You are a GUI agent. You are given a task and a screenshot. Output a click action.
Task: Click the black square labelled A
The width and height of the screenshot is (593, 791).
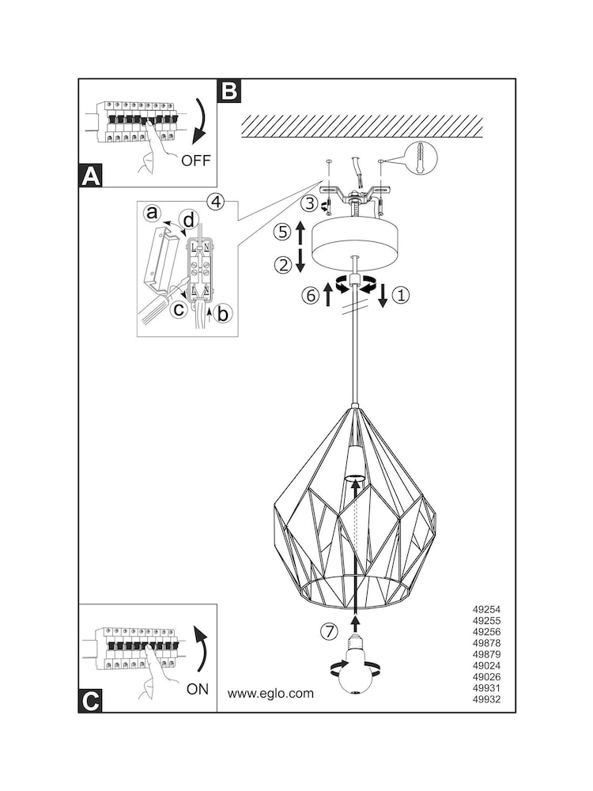[91, 176]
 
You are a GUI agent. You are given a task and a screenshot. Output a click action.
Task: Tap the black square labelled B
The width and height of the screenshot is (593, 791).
[229, 91]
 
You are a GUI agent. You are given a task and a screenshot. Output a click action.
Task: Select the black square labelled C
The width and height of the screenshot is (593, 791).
[90, 701]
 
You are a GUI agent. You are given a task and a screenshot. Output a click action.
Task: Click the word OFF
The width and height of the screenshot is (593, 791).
[195, 161]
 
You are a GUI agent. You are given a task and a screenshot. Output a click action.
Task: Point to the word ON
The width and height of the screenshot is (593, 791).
[197, 689]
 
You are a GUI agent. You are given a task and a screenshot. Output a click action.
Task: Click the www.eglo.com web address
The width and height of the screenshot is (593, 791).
[270, 694]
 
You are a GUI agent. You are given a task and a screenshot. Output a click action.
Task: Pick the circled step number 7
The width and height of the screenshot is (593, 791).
[329, 631]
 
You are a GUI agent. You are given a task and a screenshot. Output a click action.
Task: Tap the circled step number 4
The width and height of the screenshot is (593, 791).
[215, 202]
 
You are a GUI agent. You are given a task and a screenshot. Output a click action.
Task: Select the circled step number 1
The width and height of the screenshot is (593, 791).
[401, 295]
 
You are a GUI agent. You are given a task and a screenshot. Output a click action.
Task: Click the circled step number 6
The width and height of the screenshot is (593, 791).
[311, 295]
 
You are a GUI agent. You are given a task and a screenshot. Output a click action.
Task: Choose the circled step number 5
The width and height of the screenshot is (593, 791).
[282, 232]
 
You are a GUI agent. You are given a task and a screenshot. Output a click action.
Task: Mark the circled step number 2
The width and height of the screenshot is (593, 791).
[282, 264]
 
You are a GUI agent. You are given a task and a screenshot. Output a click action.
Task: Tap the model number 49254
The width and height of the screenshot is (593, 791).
[486, 610]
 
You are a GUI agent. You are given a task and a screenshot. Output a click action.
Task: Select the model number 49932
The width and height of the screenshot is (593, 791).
[486, 700]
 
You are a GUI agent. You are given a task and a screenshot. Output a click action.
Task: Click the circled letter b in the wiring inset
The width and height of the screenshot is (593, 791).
[221, 313]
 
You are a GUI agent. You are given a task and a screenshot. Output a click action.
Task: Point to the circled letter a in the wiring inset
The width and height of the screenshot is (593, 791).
[151, 214]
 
